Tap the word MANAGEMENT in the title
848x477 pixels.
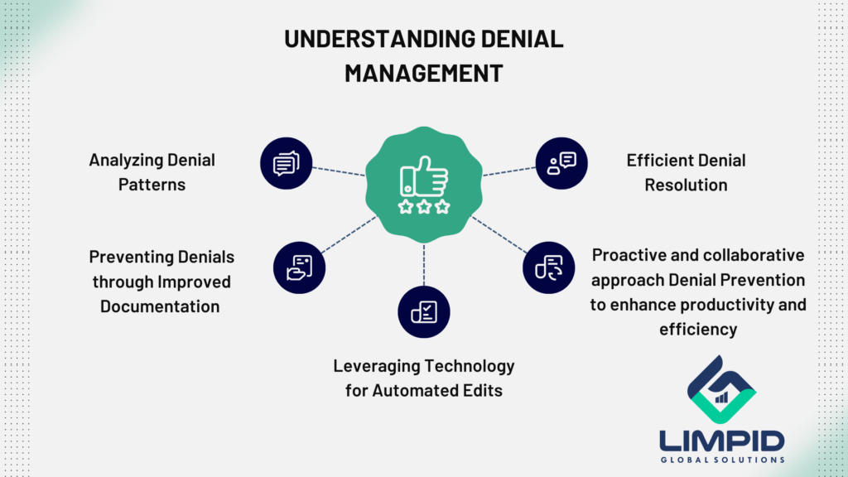tap(423, 73)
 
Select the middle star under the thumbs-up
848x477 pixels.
tap(424, 206)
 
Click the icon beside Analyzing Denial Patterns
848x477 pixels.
tap(286, 161)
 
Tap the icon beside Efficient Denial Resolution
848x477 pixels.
tap(561, 161)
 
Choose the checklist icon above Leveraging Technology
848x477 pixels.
tap(424, 311)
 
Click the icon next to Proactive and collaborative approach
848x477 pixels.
tap(548, 267)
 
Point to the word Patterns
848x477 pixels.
tap(152, 184)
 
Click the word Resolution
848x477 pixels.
tap(687, 184)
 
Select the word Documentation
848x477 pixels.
tap(160, 306)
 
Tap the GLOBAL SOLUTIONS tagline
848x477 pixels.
tap(721, 460)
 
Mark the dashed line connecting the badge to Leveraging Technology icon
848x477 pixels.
tap(424, 264)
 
